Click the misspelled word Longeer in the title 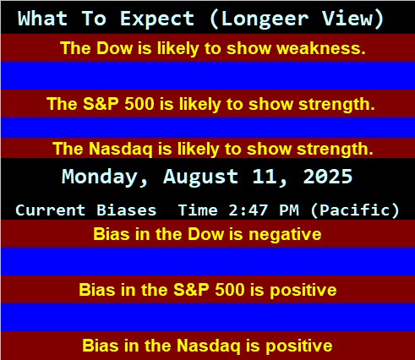pos(265,19)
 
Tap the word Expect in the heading pos(157,19)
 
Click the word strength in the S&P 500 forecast pos(336,105)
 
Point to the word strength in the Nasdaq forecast pos(336,149)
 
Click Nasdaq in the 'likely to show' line pos(120,150)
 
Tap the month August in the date pos(200,177)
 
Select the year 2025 pos(328,177)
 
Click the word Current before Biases pos(51,210)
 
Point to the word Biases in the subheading pos(127,210)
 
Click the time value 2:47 pos(248,210)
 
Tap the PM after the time pos(289,210)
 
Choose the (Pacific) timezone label pos(355,210)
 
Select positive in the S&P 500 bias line pos(303,291)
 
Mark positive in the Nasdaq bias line pos(299,346)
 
